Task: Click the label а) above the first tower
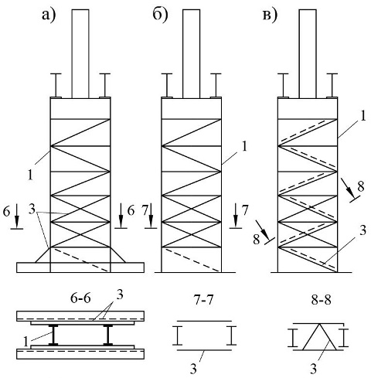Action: pyautogui.click(x=49, y=15)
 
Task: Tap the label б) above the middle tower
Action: pyautogui.click(x=160, y=15)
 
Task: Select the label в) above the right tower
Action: pyautogui.click(x=270, y=15)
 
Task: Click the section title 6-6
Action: pyautogui.click(x=80, y=298)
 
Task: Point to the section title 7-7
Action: pyautogui.click(x=203, y=301)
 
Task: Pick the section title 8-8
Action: pyautogui.click(x=321, y=300)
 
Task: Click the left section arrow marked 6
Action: pyautogui.click(x=17, y=216)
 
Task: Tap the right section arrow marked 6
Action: pyautogui.click(x=121, y=216)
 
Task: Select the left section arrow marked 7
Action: pyautogui.click(x=151, y=216)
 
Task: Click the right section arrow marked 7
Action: pyautogui.click(x=236, y=216)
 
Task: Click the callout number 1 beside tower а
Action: pyautogui.click(x=30, y=175)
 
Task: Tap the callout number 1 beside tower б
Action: pyautogui.click(x=243, y=147)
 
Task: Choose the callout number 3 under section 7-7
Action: pyautogui.click(x=193, y=369)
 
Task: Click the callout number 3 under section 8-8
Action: pyautogui.click(x=313, y=369)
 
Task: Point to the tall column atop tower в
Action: pyautogui.click(x=308, y=53)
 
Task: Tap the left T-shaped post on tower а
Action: pyautogui.click(x=56, y=85)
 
